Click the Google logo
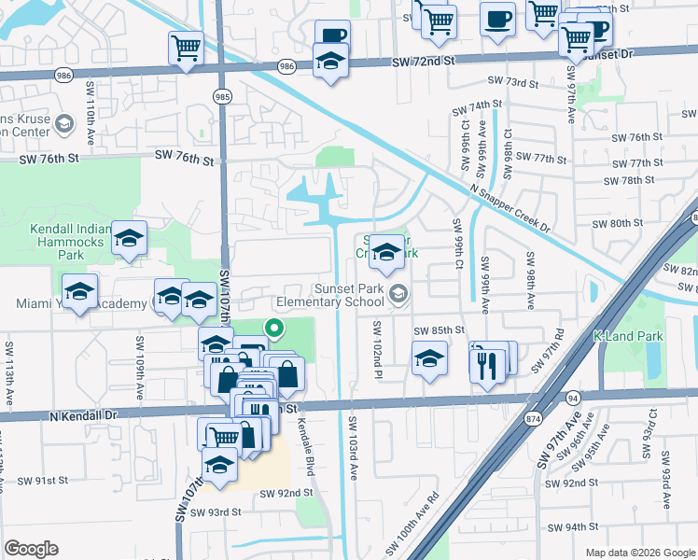tap(31, 549)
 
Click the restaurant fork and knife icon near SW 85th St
tap(484, 363)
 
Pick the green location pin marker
tap(273, 329)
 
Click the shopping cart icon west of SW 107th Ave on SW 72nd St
tap(187, 49)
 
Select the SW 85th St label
tap(442, 330)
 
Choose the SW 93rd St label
tap(216, 511)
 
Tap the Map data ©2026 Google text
tap(640, 553)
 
